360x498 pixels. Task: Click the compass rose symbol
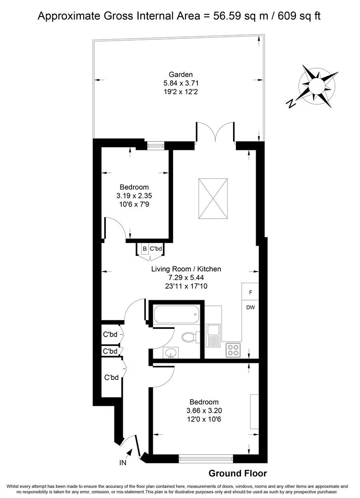pos(317,86)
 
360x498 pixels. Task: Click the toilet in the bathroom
pos(189,338)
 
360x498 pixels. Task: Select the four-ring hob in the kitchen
pos(233,350)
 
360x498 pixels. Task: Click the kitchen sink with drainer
pos(214,335)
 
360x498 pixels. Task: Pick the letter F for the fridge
pos(251,292)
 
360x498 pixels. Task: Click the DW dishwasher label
pos(251,308)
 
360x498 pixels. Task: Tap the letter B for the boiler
pos(144,249)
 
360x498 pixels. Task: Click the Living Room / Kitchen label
pos(186,269)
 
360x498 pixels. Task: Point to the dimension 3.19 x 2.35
pos(134,196)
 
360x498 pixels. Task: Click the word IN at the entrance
pos(123,462)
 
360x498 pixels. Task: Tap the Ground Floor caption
pos(238,473)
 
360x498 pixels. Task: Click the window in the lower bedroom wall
pos(206,458)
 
